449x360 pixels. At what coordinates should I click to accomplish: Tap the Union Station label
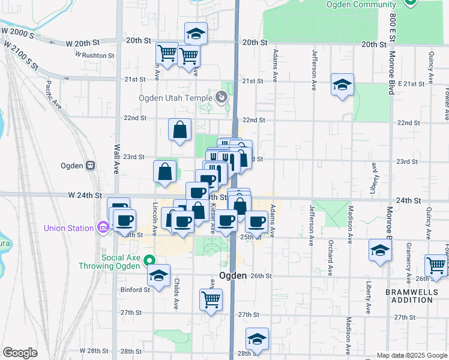(68, 228)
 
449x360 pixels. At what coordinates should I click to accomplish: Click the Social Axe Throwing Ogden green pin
(151, 260)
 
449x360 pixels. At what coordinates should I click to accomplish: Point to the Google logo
(20, 353)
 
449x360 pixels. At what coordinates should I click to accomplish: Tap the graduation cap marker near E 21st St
(342, 85)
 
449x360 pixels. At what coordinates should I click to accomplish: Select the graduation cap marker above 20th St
(196, 34)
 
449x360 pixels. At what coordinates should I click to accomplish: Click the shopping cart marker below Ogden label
(210, 299)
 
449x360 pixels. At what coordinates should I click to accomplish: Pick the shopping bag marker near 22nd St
(180, 129)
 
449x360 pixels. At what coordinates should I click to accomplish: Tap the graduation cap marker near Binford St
(158, 277)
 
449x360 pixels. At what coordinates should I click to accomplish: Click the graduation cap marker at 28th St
(257, 339)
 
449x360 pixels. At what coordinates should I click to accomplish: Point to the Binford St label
(134, 290)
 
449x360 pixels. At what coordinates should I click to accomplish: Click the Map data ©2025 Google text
(412, 355)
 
